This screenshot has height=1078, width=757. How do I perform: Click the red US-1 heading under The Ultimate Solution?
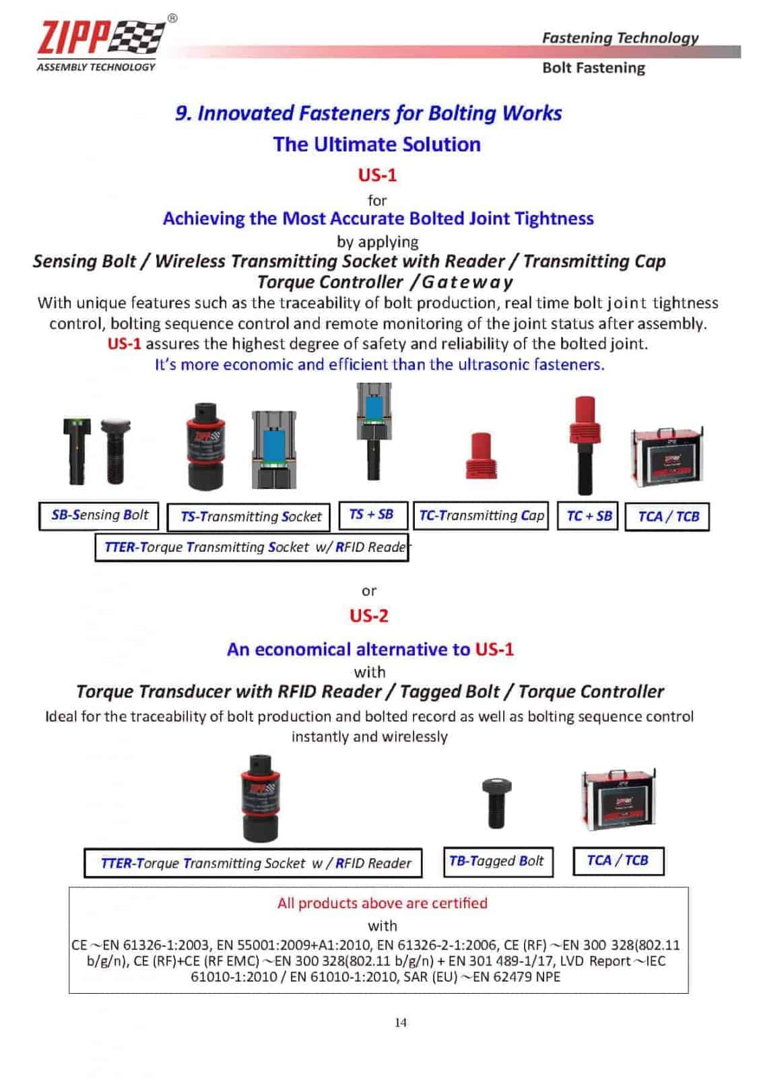click(x=377, y=175)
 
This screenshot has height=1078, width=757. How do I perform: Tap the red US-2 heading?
click(x=368, y=616)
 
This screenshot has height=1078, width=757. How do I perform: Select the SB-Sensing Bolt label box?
click(x=99, y=515)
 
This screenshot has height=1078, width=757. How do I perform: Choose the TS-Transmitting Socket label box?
click(x=249, y=517)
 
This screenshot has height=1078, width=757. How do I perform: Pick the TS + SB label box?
click(x=371, y=515)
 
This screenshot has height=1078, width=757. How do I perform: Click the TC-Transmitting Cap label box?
click(x=481, y=516)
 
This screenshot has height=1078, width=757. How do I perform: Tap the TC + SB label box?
click(x=589, y=516)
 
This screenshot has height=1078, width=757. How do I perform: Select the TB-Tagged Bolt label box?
click(x=497, y=862)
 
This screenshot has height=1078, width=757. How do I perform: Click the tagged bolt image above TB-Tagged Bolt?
click(x=497, y=802)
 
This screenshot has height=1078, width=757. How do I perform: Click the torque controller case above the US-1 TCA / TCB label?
click(x=667, y=457)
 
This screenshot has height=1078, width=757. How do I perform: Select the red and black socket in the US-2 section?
click(x=261, y=798)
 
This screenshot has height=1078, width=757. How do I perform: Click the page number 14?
click(x=401, y=1023)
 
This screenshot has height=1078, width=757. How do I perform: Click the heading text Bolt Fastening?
click(x=593, y=68)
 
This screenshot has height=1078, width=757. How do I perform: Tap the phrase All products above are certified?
click(x=382, y=903)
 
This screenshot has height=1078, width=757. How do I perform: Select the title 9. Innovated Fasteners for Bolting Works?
click(x=368, y=113)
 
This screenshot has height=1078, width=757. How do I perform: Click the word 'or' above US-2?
click(x=369, y=591)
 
